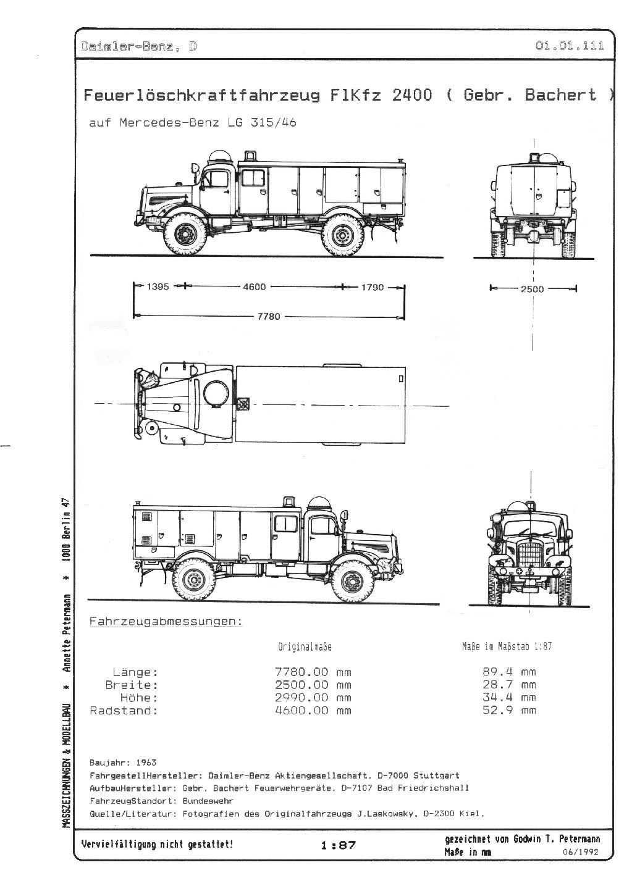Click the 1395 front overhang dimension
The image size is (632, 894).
coord(158,286)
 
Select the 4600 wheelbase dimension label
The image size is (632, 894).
coord(255,287)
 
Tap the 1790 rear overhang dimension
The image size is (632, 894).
coord(373,287)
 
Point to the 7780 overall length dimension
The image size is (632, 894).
coord(269,317)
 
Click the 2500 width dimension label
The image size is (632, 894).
coord(532,289)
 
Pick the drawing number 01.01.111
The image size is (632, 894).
coord(570,46)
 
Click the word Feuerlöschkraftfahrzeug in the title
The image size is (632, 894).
coord(201,95)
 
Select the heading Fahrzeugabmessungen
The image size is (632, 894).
coord(166,621)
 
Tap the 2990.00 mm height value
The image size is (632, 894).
coord(313,697)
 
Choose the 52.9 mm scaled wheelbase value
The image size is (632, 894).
coord(509,710)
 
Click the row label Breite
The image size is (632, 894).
coord(132,685)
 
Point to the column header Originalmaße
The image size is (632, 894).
coord(305,647)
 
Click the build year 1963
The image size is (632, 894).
coord(146,762)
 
